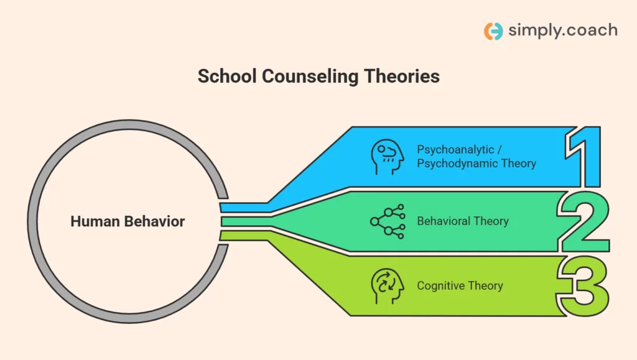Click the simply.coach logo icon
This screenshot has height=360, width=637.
coord(493,31)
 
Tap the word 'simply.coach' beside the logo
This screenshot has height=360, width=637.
coord(562,30)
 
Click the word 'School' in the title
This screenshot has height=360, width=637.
coord(227,76)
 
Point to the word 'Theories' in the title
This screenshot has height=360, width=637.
coord(402,76)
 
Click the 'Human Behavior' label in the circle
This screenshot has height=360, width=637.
coord(128,221)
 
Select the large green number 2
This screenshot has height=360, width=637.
coord(584,222)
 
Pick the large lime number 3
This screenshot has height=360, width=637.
coord(583,286)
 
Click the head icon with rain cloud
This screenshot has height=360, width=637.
coord(387,157)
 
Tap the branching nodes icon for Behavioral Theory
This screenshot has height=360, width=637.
coord(388,221)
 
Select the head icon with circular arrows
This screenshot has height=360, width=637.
coord(387,286)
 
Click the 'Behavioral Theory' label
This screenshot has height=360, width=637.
coord(463,221)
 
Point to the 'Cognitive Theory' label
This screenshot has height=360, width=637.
coord(460,286)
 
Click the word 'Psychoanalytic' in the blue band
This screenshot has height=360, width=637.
coord(456,150)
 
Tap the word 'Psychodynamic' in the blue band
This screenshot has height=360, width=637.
coord(457,164)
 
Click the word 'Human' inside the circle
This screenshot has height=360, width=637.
coord(95,221)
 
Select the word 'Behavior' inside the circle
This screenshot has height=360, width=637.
coord(155,221)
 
